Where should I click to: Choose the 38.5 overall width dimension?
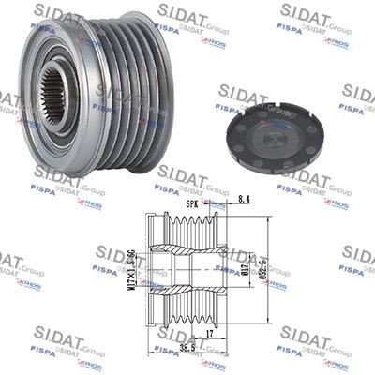(188, 347)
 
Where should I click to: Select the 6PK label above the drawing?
(190, 201)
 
